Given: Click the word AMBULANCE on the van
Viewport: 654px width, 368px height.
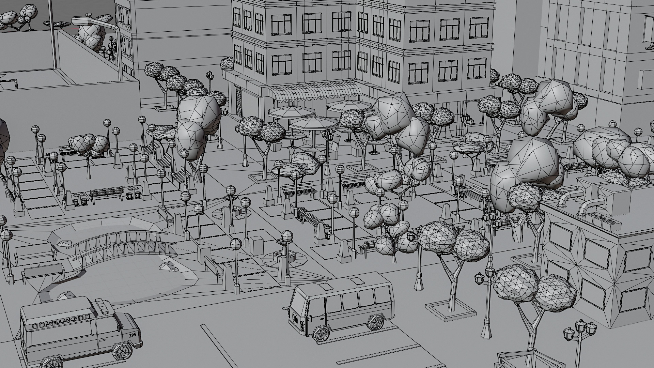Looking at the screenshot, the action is [61, 321].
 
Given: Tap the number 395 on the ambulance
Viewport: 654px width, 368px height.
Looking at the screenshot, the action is [132, 335].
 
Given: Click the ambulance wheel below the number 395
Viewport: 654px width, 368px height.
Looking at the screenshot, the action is [123, 351].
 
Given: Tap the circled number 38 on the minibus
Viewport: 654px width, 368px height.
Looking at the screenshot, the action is [295, 319].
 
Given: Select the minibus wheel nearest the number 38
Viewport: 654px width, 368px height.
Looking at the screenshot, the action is [321, 333].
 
